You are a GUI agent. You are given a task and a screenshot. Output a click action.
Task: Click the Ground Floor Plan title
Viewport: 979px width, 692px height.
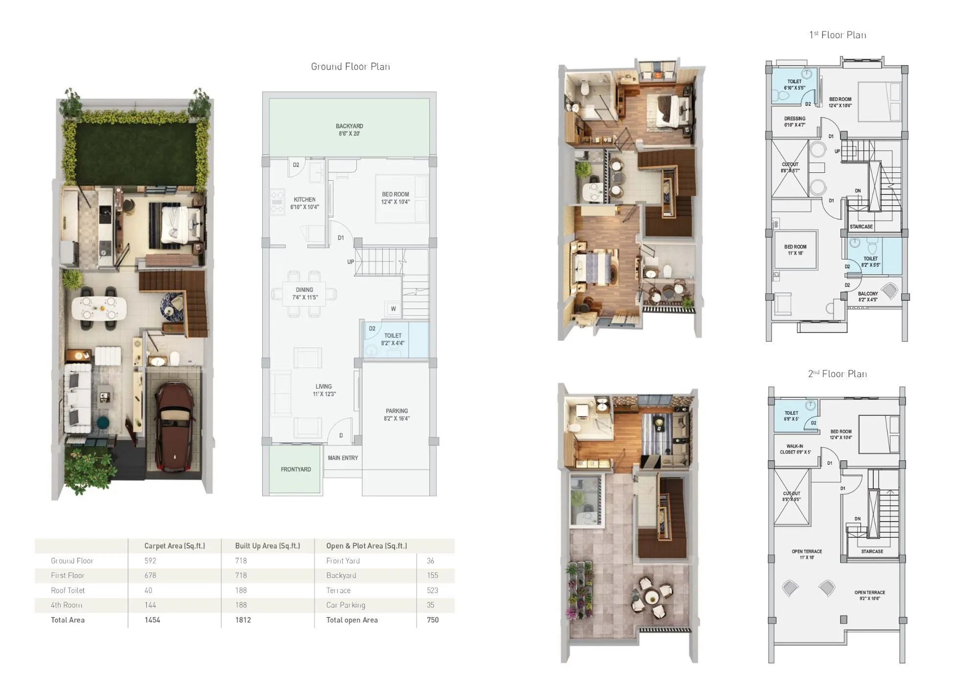point(350,67)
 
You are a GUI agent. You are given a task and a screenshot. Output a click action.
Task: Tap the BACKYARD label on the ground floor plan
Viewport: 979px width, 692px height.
point(349,126)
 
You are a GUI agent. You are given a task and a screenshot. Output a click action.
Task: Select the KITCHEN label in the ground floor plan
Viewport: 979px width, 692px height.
point(304,200)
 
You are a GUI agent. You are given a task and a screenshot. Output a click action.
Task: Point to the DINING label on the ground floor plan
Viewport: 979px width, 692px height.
point(304,290)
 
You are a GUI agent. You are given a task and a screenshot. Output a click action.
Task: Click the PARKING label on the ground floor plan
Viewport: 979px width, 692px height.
point(396,411)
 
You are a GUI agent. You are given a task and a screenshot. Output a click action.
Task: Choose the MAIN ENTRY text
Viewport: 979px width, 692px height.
point(343,458)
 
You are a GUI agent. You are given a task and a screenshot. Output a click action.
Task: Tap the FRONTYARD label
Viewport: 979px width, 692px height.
point(296,469)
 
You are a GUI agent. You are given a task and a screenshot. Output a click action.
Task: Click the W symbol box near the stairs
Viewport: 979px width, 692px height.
point(393,309)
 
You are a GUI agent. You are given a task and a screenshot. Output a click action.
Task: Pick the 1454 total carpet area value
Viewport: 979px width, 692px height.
point(152,620)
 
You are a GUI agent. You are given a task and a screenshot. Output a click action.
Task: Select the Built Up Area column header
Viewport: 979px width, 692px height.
point(267,546)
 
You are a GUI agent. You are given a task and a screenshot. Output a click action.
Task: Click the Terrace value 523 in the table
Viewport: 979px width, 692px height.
point(432,591)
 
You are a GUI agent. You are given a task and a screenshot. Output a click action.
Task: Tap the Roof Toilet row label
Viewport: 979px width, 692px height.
point(68,591)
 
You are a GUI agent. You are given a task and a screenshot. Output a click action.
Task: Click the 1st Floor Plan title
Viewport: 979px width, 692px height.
point(838,35)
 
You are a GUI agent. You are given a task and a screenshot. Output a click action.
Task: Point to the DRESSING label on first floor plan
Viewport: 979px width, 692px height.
point(794,119)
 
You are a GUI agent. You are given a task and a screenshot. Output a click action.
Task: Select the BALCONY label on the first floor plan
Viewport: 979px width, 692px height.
point(868,294)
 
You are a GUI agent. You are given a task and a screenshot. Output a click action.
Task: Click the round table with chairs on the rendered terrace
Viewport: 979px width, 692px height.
point(651,597)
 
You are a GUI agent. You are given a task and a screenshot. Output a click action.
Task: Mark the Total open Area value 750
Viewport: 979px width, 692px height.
point(432,620)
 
